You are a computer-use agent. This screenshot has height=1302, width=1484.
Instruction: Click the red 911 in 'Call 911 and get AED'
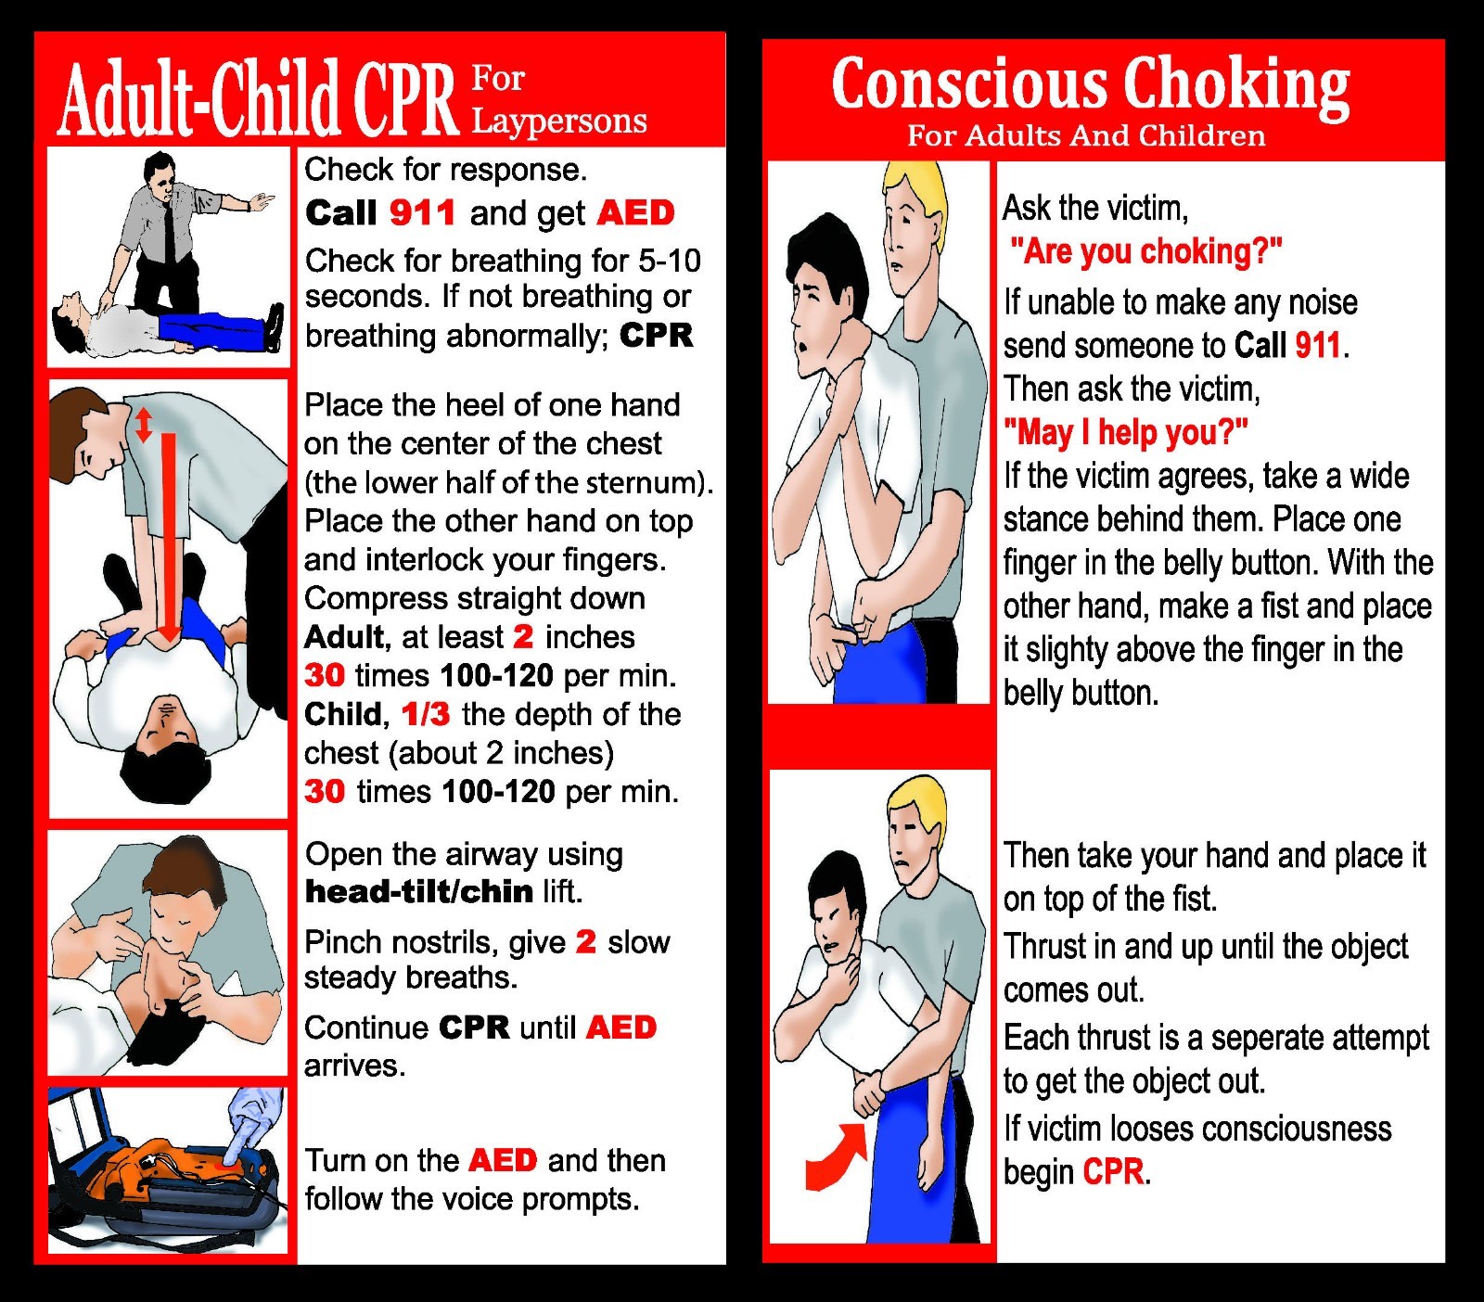[x=422, y=212]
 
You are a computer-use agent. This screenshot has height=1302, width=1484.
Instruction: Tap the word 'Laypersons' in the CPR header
[x=558, y=121]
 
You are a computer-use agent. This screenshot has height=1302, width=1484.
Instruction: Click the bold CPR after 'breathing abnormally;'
[x=656, y=335]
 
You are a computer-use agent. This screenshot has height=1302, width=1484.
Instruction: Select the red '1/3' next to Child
[x=425, y=714]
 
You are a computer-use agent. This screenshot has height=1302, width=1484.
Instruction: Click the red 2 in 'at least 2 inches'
[x=523, y=637]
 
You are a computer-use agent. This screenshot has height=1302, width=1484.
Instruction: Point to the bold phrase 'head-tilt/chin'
[x=418, y=891]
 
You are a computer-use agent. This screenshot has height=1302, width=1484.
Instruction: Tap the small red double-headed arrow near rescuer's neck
[x=143, y=425]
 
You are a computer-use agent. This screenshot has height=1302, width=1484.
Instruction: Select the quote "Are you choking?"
[x=1145, y=251]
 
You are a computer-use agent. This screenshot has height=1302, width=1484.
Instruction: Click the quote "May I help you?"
[x=1125, y=432]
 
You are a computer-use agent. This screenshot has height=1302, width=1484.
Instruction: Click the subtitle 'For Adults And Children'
[x=1085, y=136]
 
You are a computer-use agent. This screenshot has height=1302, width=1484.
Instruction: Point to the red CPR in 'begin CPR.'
[x=1113, y=1171]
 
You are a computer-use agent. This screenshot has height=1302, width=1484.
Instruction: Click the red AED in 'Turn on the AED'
[x=503, y=1160]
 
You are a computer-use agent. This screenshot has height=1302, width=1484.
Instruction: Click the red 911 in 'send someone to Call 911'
[x=1318, y=345]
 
